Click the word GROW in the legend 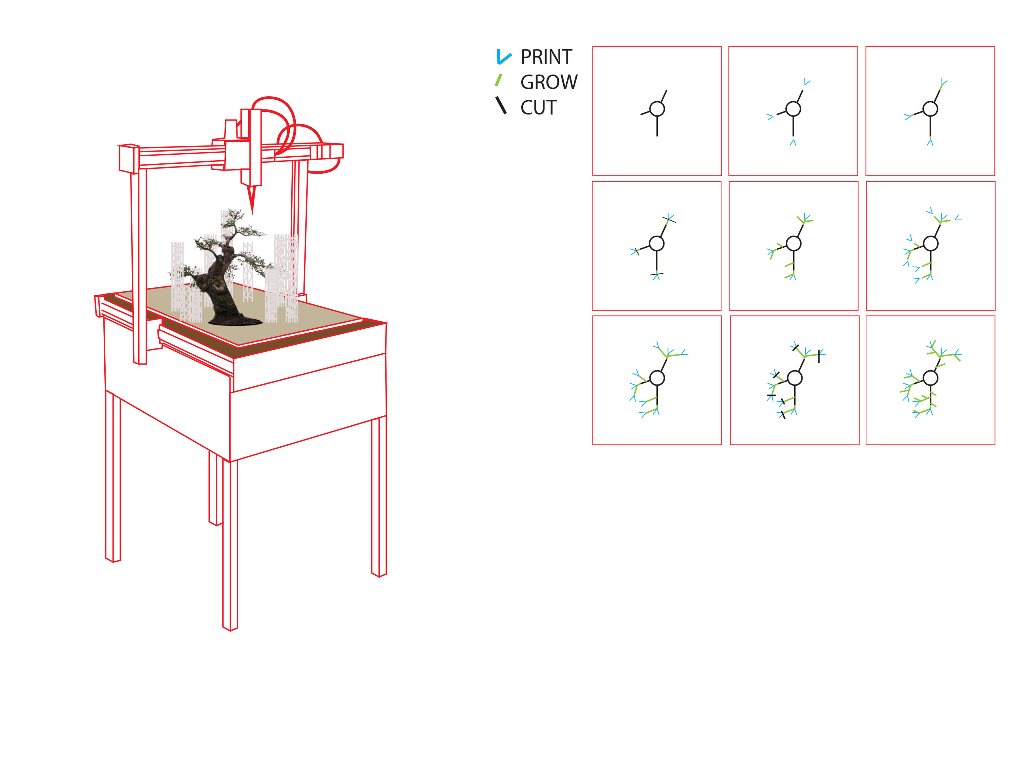pyautogui.click(x=549, y=82)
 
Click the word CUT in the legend pyautogui.click(x=538, y=107)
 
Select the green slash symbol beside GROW pyautogui.click(x=498, y=80)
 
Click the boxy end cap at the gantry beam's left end pyautogui.click(x=129, y=159)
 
